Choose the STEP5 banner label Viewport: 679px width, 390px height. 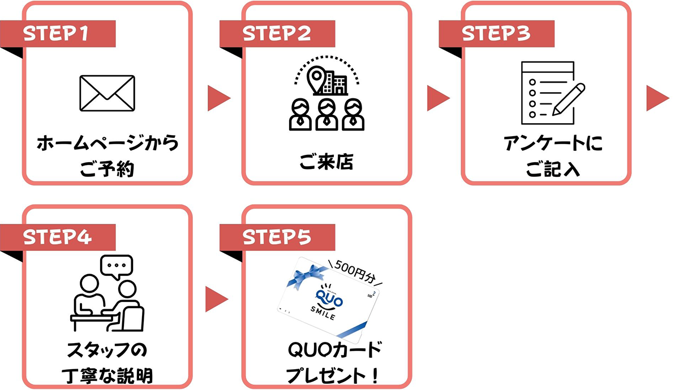point(277,238)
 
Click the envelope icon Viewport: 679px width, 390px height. point(108,93)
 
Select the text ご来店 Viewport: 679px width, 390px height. point(326,163)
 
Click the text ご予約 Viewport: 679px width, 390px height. point(108,168)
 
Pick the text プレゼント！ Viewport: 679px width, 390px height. point(327,374)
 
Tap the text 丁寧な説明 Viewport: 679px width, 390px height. point(108,374)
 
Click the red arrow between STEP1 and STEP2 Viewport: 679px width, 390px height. point(218,97)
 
